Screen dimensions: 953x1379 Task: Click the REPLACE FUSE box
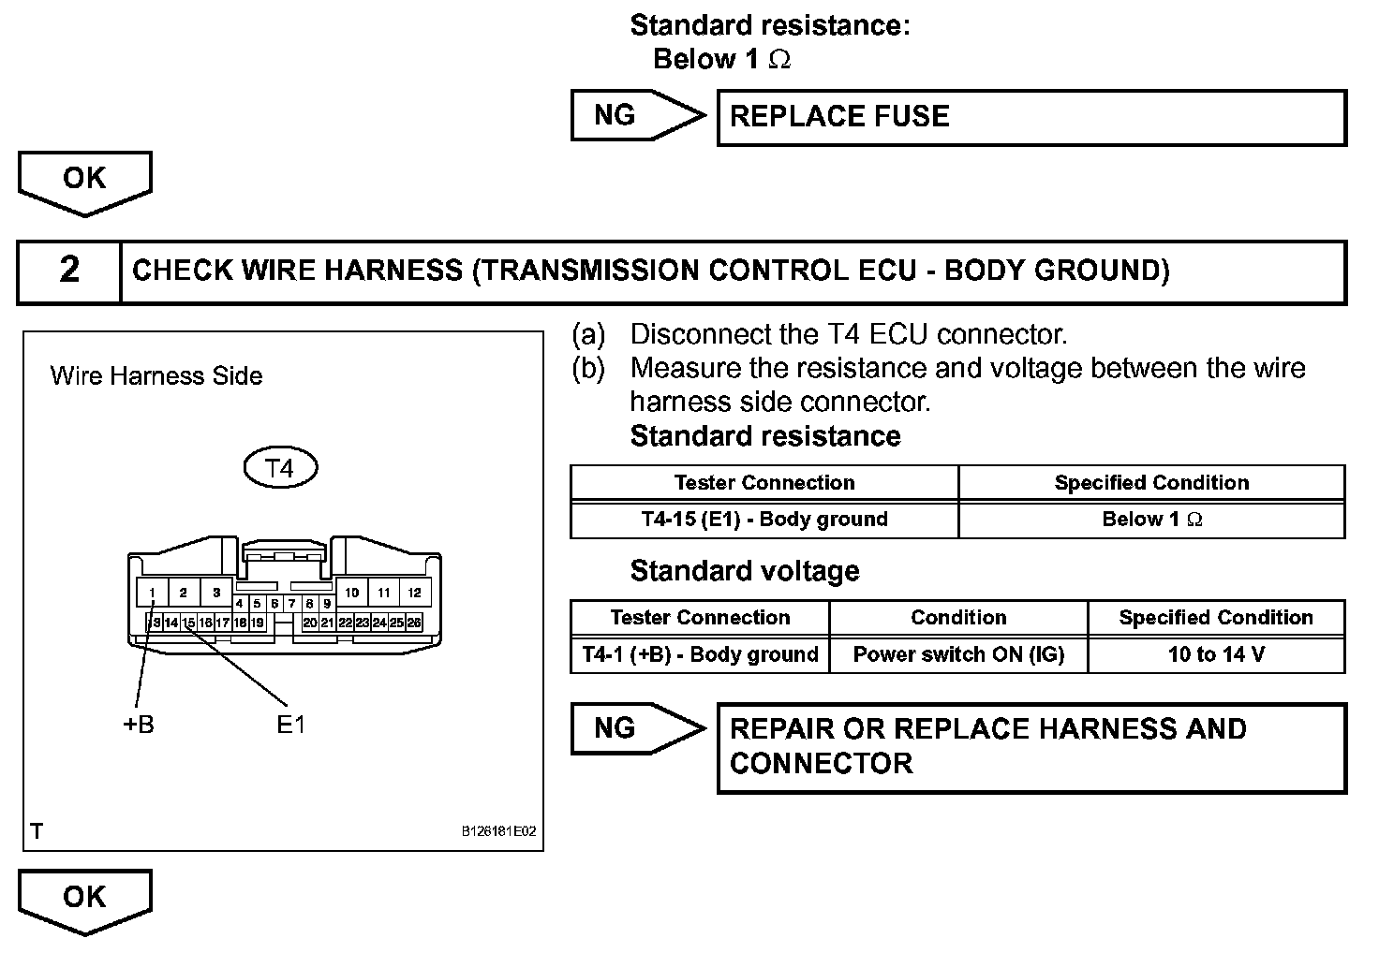click(x=1031, y=117)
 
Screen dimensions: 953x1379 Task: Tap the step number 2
click(x=69, y=271)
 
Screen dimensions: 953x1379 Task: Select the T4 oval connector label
click(x=280, y=467)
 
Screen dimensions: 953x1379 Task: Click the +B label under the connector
click(x=139, y=725)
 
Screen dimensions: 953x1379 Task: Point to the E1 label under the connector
click(x=291, y=725)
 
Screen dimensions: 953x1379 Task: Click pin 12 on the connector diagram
click(x=414, y=593)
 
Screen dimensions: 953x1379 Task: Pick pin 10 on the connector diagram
click(x=351, y=593)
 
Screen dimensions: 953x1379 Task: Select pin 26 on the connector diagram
click(x=414, y=623)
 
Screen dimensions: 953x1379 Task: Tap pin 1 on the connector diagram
click(x=152, y=593)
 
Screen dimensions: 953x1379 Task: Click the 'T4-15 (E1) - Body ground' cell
click(x=764, y=520)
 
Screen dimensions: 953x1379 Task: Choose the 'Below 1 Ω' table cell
click(x=1151, y=520)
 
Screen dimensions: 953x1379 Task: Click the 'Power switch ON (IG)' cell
click(x=958, y=654)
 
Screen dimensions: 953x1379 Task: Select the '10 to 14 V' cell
click(x=1216, y=654)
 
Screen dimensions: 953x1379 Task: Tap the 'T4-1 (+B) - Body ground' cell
click(x=700, y=654)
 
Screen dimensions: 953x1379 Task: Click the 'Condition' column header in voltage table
click(x=958, y=618)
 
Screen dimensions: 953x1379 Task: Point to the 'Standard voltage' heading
click(x=744, y=571)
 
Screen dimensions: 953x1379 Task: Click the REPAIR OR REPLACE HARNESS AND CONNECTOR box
click(x=1031, y=747)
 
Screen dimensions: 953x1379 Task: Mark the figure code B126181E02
click(x=498, y=831)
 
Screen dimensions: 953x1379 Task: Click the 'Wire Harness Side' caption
click(x=156, y=376)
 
